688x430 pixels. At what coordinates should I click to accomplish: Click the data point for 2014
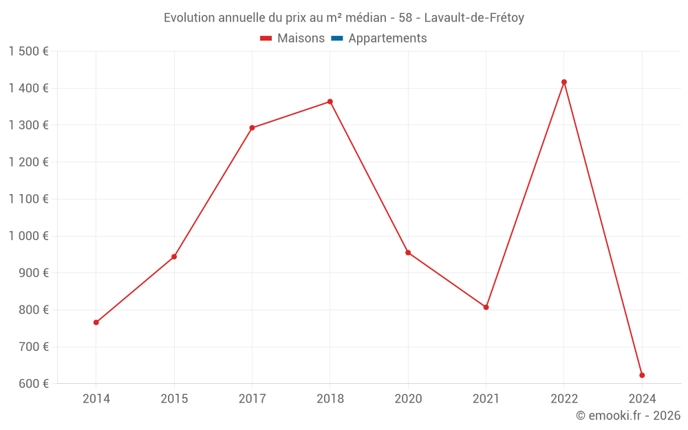click(x=96, y=322)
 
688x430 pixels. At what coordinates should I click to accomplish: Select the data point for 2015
click(x=174, y=257)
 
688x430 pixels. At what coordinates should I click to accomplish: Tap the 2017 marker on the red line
click(x=252, y=128)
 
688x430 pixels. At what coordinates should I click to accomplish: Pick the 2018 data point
click(x=330, y=102)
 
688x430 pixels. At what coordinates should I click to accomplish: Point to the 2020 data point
click(x=408, y=252)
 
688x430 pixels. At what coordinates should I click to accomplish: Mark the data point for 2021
click(x=486, y=307)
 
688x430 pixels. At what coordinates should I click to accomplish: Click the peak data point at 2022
click(x=564, y=82)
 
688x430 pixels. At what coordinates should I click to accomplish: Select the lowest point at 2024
click(x=642, y=375)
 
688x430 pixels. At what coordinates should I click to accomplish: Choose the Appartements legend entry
click(x=387, y=39)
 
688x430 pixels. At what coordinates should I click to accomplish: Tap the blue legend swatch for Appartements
click(x=336, y=39)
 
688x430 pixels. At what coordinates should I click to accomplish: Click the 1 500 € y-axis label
click(x=29, y=52)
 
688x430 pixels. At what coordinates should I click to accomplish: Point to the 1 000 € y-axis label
click(x=29, y=236)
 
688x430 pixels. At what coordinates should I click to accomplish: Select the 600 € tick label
click(x=33, y=384)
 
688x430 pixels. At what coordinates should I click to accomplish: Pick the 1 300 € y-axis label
click(x=29, y=125)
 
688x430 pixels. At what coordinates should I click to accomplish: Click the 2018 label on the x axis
click(x=330, y=398)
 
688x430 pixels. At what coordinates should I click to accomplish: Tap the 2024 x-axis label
click(x=642, y=398)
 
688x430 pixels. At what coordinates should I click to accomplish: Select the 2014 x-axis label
click(x=96, y=398)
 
